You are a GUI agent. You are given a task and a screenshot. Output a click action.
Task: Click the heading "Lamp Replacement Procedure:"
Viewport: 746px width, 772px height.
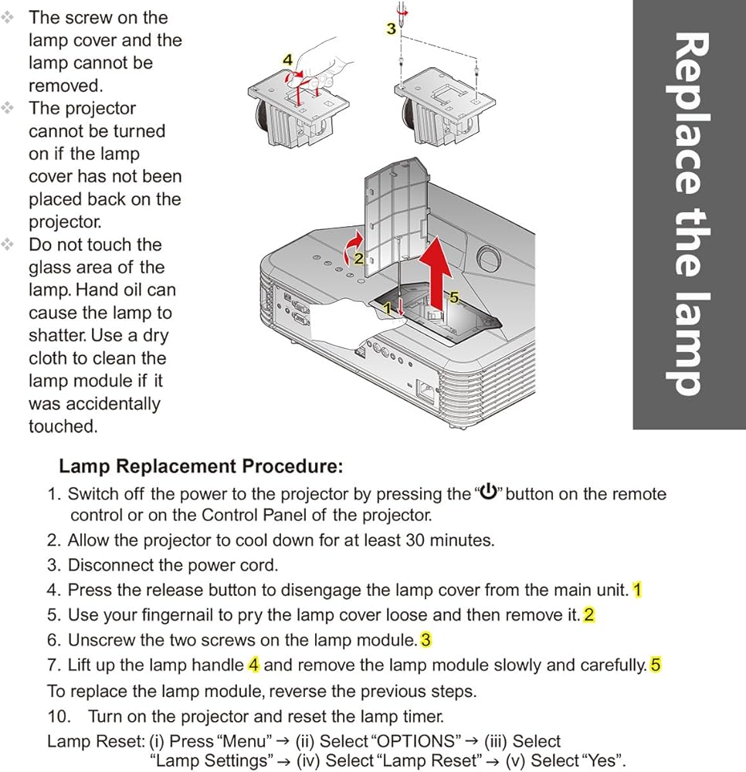point(201,466)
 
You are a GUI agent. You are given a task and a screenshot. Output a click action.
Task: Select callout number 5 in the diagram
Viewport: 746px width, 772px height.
point(453,297)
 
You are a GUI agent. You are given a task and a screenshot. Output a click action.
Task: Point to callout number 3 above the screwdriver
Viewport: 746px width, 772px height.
point(391,29)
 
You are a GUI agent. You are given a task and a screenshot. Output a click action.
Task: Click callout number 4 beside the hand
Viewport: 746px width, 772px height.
point(287,59)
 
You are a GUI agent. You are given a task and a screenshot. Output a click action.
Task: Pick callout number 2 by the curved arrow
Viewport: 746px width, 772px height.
point(358,258)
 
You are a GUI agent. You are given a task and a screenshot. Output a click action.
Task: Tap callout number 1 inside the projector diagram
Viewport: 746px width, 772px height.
point(388,307)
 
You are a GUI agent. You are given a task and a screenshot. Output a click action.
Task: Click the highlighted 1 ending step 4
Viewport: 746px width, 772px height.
point(637,590)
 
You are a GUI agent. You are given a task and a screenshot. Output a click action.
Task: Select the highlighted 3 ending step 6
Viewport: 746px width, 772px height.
point(426,640)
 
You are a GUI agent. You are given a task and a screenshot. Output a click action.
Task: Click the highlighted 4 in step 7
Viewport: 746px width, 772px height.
point(253,665)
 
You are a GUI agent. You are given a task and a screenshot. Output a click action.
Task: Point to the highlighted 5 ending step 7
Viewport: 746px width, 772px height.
point(656,665)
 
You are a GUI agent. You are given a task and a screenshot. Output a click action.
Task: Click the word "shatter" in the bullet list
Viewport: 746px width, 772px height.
point(56,336)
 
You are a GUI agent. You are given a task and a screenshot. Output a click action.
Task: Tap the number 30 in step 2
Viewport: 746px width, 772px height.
point(415,540)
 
